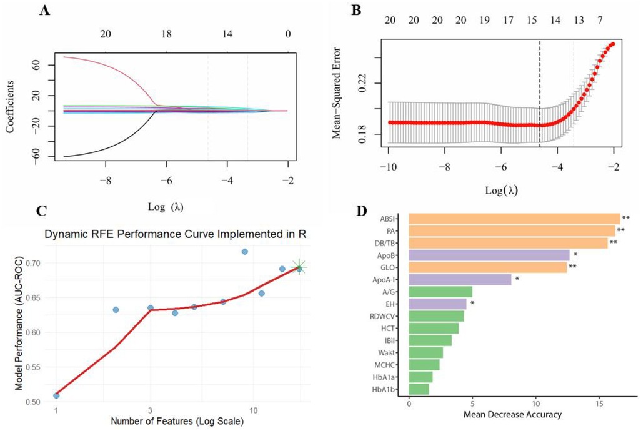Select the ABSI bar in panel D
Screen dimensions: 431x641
(x=514, y=218)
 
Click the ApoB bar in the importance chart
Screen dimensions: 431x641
(x=489, y=255)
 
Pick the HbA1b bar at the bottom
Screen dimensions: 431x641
(x=419, y=389)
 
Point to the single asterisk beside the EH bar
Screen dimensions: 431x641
(x=473, y=304)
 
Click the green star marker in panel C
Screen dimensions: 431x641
(x=299, y=268)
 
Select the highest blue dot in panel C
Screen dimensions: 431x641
(x=245, y=252)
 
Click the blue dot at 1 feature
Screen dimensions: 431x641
(x=56, y=395)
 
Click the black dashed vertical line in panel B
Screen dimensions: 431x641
(x=540, y=94)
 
